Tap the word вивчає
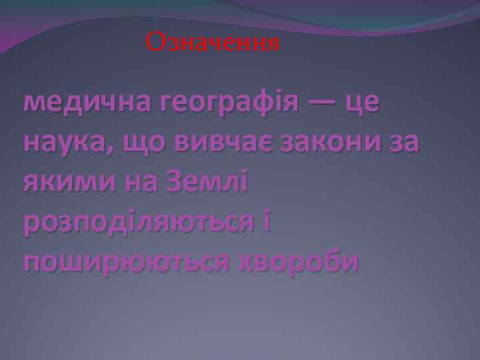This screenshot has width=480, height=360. [x=224, y=143]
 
